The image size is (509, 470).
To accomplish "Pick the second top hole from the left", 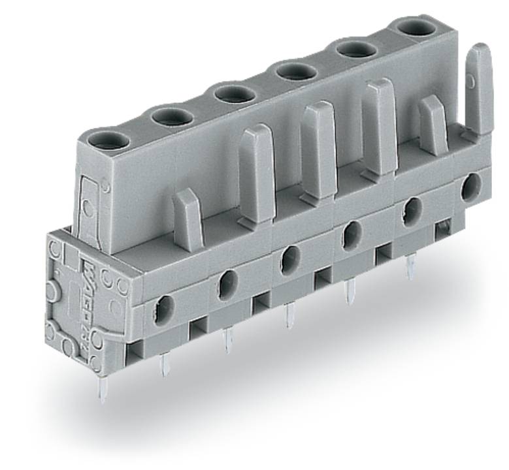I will click(172, 117).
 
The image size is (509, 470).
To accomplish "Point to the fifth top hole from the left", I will click(355, 48).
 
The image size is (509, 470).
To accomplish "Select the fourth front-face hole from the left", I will click(350, 234).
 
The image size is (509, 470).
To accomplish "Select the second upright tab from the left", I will click(255, 173).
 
